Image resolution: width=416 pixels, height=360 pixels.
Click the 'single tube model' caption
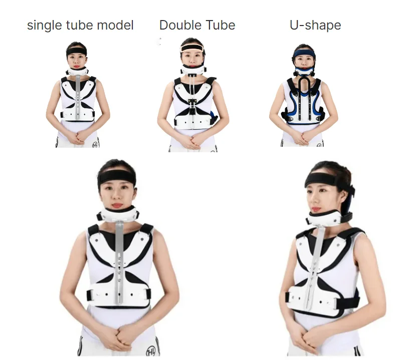click(80, 25)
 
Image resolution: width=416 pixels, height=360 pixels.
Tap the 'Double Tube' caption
click(197, 25)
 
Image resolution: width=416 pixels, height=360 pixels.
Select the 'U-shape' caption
click(315, 25)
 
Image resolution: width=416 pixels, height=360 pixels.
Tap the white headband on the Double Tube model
click(193, 49)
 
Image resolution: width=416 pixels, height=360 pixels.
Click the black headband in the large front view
click(117, 177)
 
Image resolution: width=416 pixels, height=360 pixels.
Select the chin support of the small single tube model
click(78, 72)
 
